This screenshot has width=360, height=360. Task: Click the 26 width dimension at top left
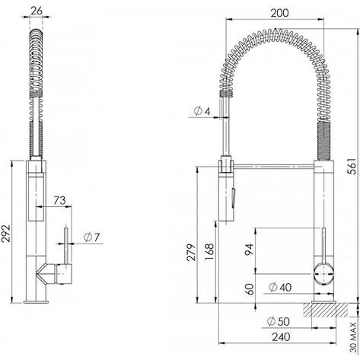(x=37, y=11)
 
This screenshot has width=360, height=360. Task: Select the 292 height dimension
(x=5, y=234)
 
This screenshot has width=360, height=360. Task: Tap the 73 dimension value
(x=59, y=200)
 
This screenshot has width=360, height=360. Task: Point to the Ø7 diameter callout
(x=92, y=237)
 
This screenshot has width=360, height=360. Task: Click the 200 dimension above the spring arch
(x=279, y=13)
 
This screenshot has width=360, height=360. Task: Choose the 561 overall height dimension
(x=352, y=167)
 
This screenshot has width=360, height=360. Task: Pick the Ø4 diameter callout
(x=202, y=111)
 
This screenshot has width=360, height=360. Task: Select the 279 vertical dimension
(x=192, y=253)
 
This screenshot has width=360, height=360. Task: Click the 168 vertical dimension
(x=209, y=252)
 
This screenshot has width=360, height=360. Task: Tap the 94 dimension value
(x=249, y=250)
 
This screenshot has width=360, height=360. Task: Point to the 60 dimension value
(x=250, y=289)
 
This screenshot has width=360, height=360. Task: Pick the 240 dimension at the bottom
(x=281, y=337)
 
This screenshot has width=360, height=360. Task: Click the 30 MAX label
(x=354, y=337)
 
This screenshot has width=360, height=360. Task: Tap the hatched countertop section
(x=326, y=310)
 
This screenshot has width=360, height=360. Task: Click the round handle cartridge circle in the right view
(x=323, y=274)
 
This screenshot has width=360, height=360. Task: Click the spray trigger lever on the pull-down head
(x=233, y=195)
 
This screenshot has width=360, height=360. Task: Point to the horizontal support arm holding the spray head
(x=274, y=167)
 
